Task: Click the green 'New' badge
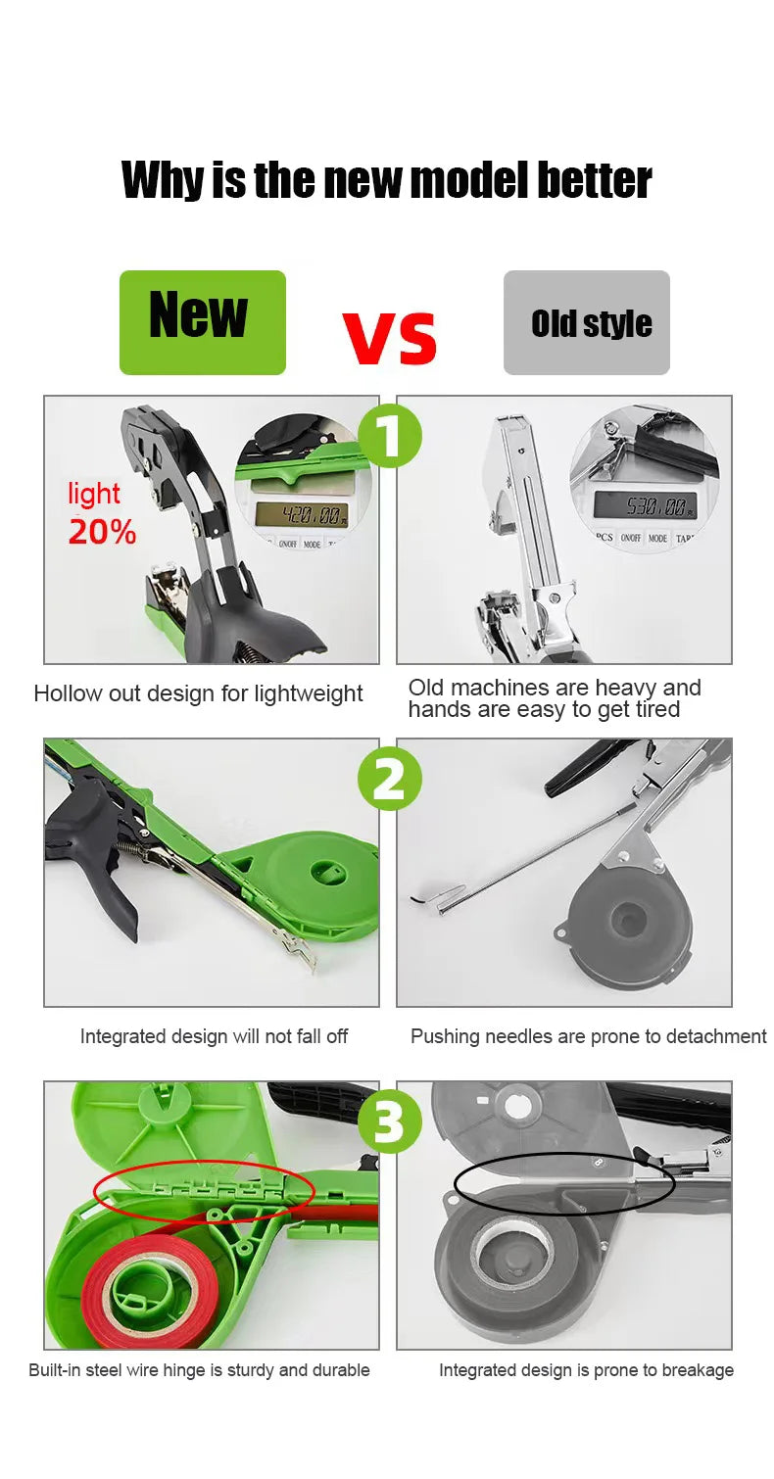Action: (x=202, y=322)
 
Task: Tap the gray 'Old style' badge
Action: (x=586, y=322)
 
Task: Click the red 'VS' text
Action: (x=390, y=336)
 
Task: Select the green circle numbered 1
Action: (x=389, y=435)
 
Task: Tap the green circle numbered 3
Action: (x=389, y=1121)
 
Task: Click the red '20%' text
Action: (x=102, y=532)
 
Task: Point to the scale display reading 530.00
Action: (x=644, y=505)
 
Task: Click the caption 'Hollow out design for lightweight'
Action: (x=198, y=694)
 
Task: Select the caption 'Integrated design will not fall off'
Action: (x=214, y=1036)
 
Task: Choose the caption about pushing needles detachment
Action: (x=588, y=1036)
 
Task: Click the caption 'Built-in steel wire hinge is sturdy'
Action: (x=199, y=1370)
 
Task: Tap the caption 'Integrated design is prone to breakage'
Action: (x=586, y=1370)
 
